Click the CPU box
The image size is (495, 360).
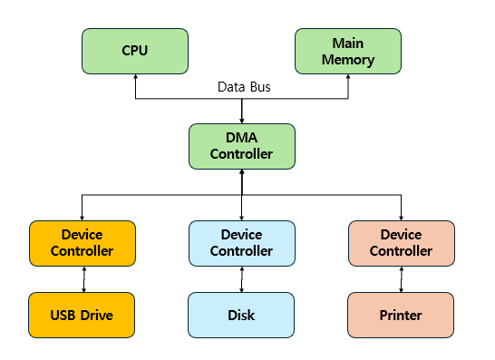[x=135, y=51]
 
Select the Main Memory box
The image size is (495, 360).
[x=348, y=51]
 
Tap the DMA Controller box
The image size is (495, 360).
[x=241, y=146]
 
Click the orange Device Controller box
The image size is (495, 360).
[x=82, y=243]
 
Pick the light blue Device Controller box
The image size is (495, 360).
[x=241, y=243]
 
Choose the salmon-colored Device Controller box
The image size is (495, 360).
[x=401, y=243]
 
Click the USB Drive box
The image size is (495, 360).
[x=82, y=315]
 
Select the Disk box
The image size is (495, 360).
[x=241, y=315]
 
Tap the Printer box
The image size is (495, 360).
[x=401, y=315]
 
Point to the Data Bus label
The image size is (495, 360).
[x=244, y=87]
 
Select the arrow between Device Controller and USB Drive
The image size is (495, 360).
[x=82, y=279]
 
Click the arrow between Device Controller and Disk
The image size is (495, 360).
[x=241, y=279]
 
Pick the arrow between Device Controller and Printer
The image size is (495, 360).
[x=401, y=279]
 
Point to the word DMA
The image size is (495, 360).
[x=241, y=139]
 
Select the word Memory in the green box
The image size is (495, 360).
[x=348, y=60]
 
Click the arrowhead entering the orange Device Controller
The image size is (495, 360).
[x=82, y=216]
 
